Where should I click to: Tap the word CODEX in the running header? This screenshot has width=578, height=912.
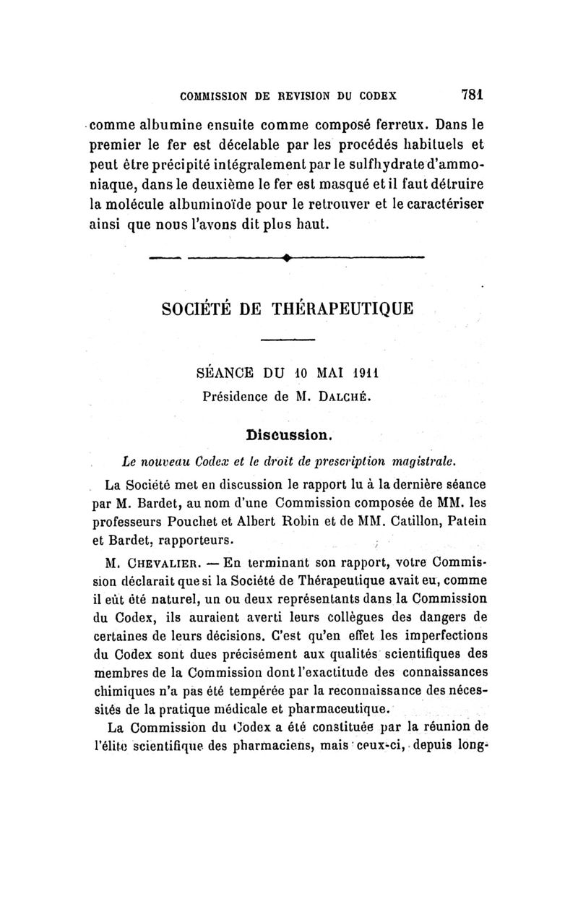383,94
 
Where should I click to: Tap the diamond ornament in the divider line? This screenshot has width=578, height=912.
288,257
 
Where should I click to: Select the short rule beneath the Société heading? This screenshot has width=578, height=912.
288,340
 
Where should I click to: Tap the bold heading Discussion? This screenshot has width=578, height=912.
288,435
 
